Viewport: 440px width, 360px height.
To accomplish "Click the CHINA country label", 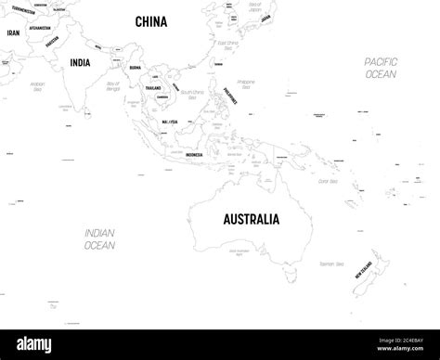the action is click(x=151, y=21).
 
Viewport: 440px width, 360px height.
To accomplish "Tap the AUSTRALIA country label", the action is click(x=251, y=220).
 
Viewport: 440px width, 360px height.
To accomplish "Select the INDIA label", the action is click(x=81, y=63).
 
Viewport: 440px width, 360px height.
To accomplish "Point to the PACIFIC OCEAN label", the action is click(x=382, y=67).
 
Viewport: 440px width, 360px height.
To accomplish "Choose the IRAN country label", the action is click(x=13, y=32).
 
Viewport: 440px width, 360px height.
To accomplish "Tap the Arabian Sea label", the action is click(x=38, y=86).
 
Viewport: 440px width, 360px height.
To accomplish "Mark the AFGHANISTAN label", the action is click(x=39, y=28).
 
